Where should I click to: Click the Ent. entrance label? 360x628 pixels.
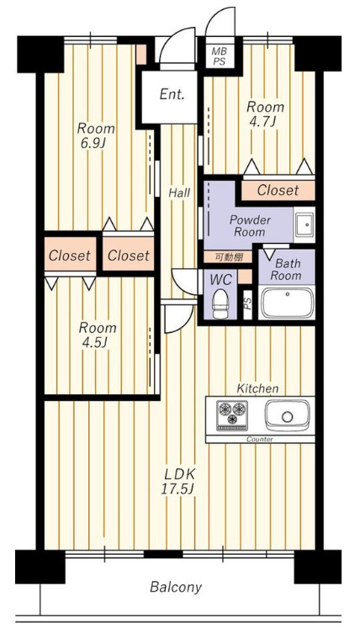[x=172, y=94]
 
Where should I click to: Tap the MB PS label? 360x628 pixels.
[x=219, y=56]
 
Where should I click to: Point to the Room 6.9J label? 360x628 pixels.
[x=96, y=135]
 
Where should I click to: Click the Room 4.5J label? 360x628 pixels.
[x=98, y=334]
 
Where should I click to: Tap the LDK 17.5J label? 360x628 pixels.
[x=180, y=481]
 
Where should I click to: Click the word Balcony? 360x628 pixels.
[x=176, y=587]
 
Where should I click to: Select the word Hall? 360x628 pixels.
[x=179, y=193]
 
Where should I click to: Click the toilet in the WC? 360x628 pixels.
[x=220, y=303]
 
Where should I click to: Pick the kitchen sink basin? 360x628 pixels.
[x=287, y=414]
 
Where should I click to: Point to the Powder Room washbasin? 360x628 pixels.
[x=304, y=224]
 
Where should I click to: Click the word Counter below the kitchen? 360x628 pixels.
[x=259, y=439]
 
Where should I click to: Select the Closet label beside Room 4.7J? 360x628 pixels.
[x=278, y=190]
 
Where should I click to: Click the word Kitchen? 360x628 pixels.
[x=257, y=388]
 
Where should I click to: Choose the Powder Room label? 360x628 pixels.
[x=249, y=226]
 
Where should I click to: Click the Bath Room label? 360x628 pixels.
[x=286, y=270]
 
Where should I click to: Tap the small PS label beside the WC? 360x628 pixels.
[x=248, y=304]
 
